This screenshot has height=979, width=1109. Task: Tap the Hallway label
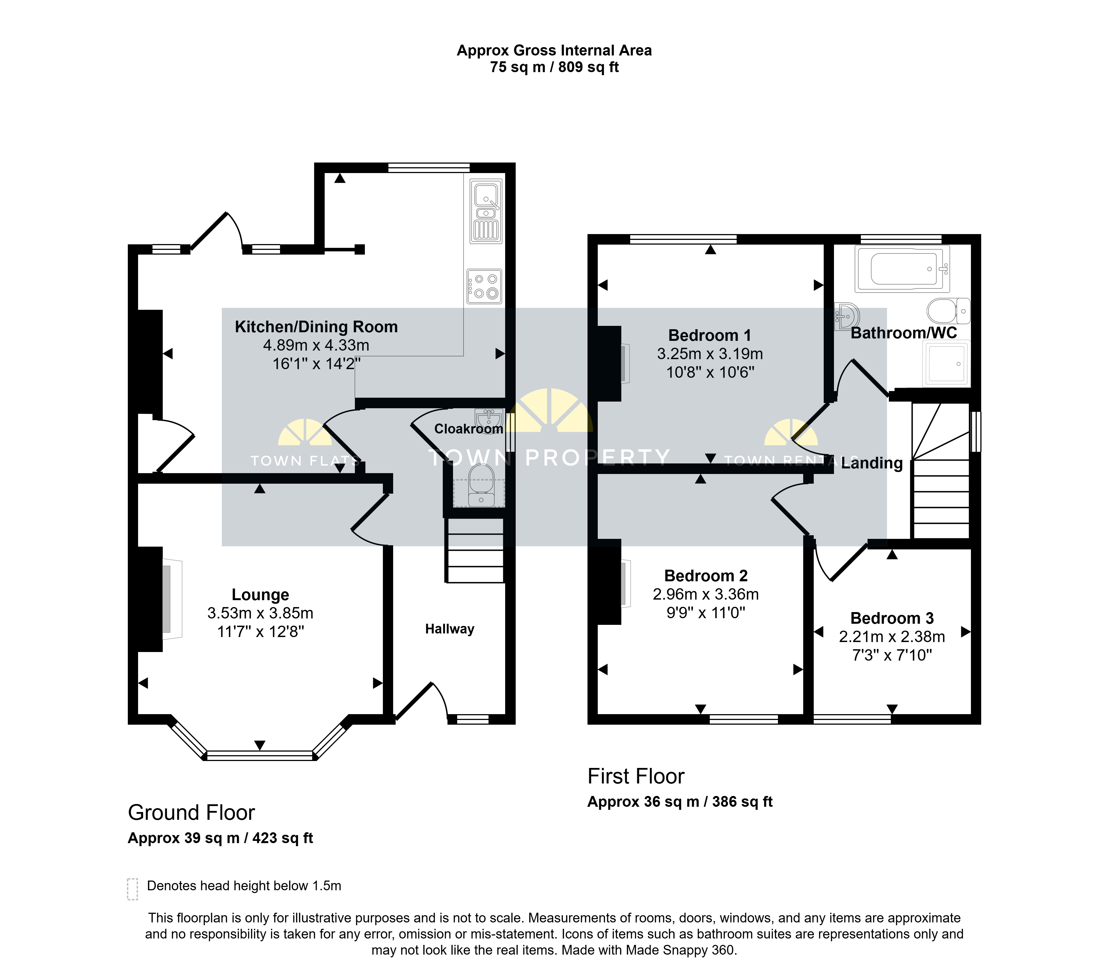click(x=450, y=629)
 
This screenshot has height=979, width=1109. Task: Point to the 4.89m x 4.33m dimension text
click(x=316, y=345)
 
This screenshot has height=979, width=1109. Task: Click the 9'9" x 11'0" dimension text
click(x=706, y=613)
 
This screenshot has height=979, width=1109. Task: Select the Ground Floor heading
click(x=192, y=812)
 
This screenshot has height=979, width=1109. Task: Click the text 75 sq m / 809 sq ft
click(x=554, y=67)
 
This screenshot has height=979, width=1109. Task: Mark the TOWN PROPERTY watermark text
click(x=549, y=458)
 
